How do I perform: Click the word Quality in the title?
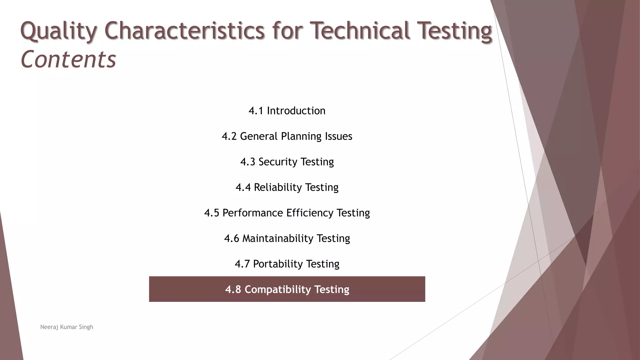[x=58, y=31]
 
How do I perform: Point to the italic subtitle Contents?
[x=68, y=59]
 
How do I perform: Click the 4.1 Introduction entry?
[x=287, y=111]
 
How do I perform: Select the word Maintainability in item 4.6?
[x=278, y=238]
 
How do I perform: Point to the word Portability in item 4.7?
[x=277, y=264]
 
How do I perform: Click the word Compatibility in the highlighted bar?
[x=277, y=289]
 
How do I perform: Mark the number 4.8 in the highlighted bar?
[x=233, y=289]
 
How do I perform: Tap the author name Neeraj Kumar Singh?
[x=67, y=327]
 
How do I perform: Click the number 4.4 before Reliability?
[x=243, y=187]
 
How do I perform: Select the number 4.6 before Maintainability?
[x=231, y=238]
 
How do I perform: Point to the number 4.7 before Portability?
[x=242, y=264]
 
